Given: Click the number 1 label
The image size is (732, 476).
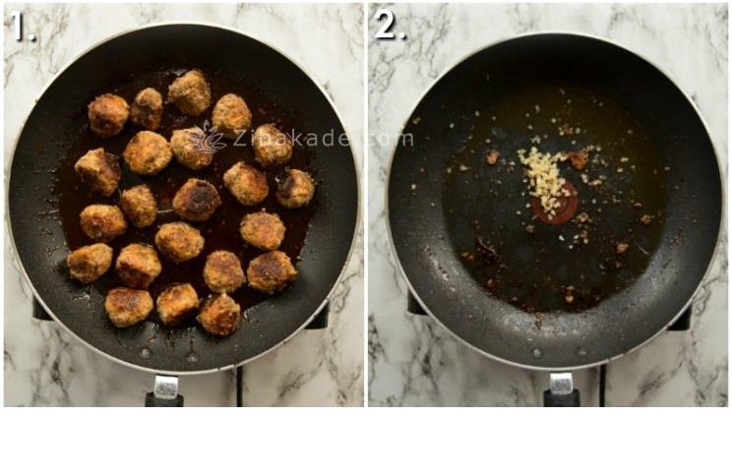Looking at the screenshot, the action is [x=23, y=26].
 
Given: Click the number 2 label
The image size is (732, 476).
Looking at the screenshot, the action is [x=390, y=25].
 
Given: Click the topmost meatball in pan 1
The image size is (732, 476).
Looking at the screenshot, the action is [x=190, y=92].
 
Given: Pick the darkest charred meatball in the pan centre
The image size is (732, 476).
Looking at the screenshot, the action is [x=197, y=200].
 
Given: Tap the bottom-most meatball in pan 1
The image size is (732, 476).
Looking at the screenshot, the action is [x=219, y=315].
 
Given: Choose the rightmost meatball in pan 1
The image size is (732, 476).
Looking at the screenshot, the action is [x=295, y=188].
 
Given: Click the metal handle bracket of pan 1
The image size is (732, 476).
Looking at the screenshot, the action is [x=166, y=387].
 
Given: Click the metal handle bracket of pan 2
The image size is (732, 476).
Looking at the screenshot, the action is [x=562, y=384].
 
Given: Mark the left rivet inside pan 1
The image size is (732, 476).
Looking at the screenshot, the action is [x=146, y=352].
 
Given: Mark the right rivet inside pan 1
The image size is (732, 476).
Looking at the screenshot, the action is [x=192, y=358].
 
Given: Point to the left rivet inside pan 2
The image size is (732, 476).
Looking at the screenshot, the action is [x=537, y=353].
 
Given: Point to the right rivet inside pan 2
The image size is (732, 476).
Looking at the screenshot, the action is [x=582, y=352].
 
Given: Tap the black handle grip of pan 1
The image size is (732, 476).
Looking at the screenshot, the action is [x=164, y=400].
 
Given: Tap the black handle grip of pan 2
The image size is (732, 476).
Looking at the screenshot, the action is [x=562, y=397].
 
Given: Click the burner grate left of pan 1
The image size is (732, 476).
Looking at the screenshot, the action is [x=41, y=310].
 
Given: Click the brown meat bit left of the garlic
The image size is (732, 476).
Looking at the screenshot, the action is [x=492, y=157].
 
